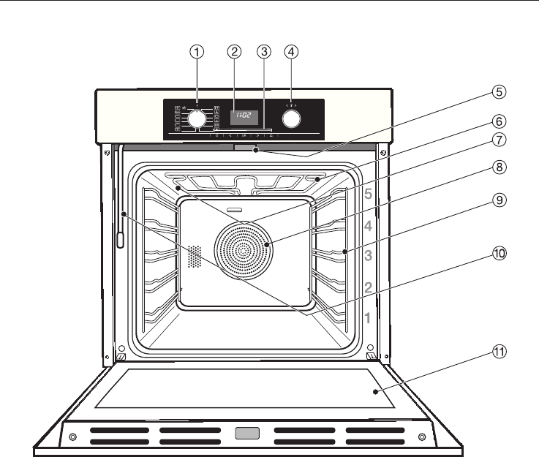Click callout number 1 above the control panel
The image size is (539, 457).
[197, 52]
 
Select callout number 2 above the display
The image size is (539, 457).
[234, 52]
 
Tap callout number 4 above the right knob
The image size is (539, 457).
[292, 52]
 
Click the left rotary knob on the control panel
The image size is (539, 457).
[197, 119]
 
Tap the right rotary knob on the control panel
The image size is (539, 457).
[292, 119]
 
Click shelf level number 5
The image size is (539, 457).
[369, 194]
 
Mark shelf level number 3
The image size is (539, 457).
[369, 256]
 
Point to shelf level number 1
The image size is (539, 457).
[369, 318]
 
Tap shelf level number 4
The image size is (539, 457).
[369, 226]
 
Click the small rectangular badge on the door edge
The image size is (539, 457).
[246, 435]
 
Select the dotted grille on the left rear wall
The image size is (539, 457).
[194, 255]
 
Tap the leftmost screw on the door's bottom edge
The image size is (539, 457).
[72, 437]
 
